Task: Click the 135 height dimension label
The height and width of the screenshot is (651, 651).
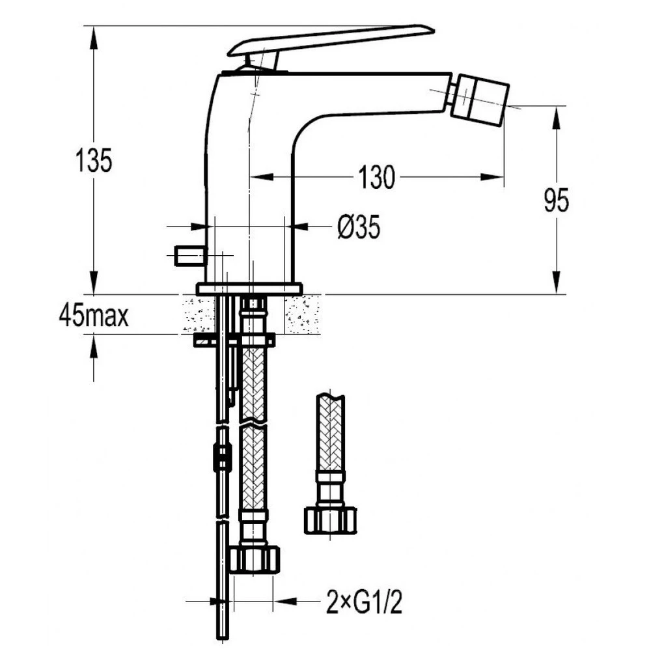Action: (x=94, y=160)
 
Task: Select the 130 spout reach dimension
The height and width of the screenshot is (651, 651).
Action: (x=376, y=177)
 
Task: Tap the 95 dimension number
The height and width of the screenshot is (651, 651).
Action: (x=557, y=201)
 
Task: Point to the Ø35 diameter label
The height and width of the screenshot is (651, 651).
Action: (x=359, y=227)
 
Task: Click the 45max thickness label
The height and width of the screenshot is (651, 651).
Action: (x=94, y=316)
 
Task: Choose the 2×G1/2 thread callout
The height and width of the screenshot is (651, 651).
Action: (x=364, y=602)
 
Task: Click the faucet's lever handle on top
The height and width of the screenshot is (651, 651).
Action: (x=331, y=46)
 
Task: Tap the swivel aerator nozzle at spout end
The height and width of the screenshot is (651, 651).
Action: (x=481, y=98)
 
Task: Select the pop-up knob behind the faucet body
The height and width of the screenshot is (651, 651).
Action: (x=191, y=256)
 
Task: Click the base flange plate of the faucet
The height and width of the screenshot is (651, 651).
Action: (x=249, y=289)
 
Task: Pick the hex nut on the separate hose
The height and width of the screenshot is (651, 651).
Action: (x=331, y=520)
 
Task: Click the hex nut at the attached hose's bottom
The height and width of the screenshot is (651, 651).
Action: (x=255, y=561)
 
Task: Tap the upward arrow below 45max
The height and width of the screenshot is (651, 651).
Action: (x=94, y=346)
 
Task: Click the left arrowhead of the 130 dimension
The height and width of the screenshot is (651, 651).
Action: (x=262, y=177)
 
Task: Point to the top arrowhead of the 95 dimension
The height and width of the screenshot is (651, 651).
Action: (x=557, y=118)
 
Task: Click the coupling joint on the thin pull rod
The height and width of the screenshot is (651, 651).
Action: (x=222, y=458)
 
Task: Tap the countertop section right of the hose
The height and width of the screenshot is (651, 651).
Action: (x=303, y=314)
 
